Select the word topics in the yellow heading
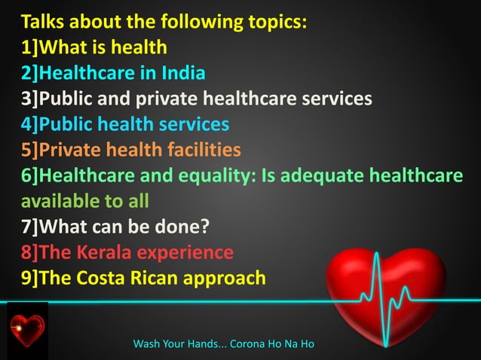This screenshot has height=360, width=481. coord(275,22)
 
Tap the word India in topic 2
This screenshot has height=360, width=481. coord(184,74)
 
